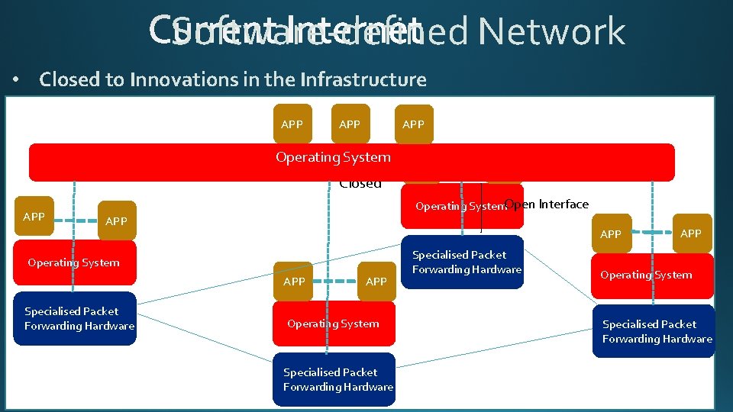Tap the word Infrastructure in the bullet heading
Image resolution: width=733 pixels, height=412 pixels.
tap(363, 79)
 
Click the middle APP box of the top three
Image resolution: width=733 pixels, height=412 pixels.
tap(350, 124)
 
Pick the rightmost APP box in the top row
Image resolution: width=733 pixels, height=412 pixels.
tap(413, 124)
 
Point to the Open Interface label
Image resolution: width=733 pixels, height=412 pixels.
tap(547, 204)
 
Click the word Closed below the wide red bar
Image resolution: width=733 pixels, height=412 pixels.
tap(360, 184)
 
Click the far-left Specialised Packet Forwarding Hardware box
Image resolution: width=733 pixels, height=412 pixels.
tap(79, 319)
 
